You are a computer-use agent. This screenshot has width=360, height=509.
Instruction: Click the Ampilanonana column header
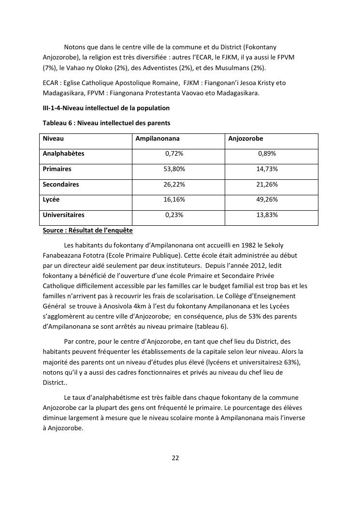[157, 139]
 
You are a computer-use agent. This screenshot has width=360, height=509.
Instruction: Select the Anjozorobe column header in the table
[245, 139]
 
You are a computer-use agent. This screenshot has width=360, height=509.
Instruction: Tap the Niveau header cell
[53, 139]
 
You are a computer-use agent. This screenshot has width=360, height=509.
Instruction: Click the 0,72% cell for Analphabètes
[174, 154]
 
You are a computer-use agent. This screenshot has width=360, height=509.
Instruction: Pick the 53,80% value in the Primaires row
[174, 169]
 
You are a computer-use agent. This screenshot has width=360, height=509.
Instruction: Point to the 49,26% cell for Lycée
[267, 200]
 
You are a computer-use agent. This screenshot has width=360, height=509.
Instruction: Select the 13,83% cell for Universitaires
[267, 215]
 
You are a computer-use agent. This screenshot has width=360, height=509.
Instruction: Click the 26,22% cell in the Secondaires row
[174, 185]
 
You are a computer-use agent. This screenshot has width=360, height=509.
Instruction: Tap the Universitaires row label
[63, 215]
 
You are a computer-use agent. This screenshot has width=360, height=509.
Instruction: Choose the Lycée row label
[51, 200]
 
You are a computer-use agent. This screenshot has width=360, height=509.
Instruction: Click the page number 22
[175, 458]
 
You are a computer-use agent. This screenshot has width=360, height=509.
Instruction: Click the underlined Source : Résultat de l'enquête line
[87, 231]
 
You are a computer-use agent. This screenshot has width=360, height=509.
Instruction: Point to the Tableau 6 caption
[106, 123]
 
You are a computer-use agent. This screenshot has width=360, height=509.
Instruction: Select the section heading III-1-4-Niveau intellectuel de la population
[106, 108]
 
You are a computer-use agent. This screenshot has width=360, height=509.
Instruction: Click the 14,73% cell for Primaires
[267, 169]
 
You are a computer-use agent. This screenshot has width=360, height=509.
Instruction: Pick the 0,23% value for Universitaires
[174, 215]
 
